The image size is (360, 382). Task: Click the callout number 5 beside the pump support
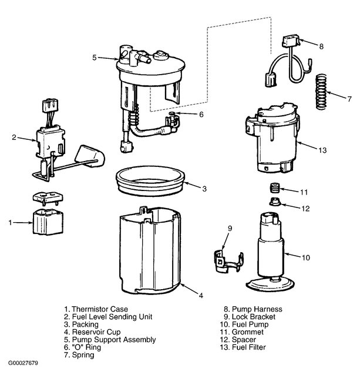pyautogui.click(x=95, y=58)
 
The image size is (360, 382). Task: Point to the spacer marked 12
pyautogui.click(x=273, y=204)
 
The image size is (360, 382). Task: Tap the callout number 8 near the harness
pyautogui.click(x=321, y=45)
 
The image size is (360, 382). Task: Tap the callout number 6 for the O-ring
pyautogui.click(x=201, y=115)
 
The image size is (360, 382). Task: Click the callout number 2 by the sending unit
pyautogui.click(x=14, y=138)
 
